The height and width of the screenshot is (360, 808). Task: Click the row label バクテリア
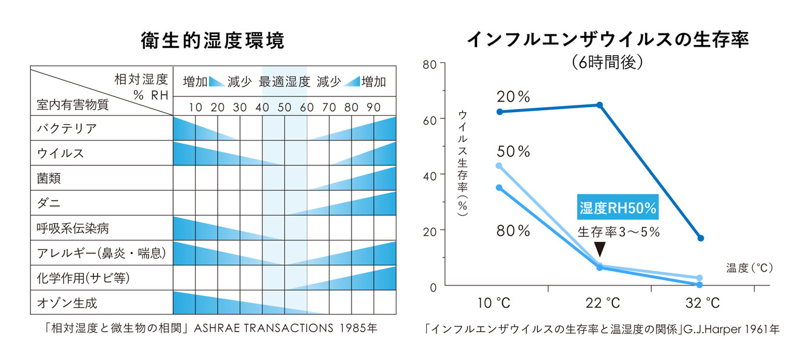[x=67, y=128]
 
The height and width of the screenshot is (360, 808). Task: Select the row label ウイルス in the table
[x=61, y=153]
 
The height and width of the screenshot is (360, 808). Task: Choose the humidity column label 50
[x=284, y=107]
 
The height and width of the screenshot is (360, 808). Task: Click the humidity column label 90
[x=373, y=107]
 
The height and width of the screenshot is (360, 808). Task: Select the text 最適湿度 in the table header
[x=284, y=82]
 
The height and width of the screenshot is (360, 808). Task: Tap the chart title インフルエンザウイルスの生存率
[x=608, y=39]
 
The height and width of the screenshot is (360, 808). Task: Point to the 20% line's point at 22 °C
[x=599, y=105]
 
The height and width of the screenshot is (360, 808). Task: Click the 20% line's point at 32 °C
[x=701, y=238]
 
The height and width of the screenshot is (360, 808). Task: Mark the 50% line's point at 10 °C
[x=499, y=165]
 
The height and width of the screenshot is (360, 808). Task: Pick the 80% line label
[x=513, y=231]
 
